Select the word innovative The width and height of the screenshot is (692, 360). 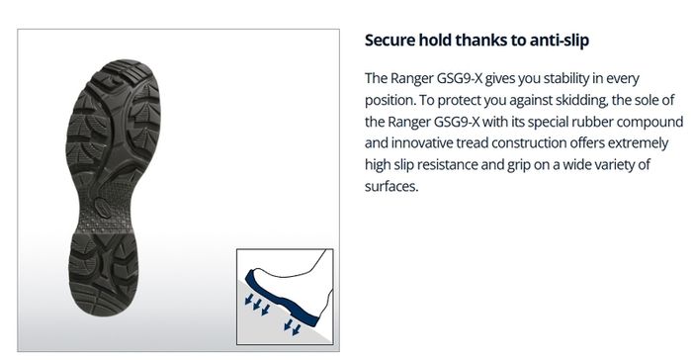421,143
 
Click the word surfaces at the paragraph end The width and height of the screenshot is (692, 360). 391,186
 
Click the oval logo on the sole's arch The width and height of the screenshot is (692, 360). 104,206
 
